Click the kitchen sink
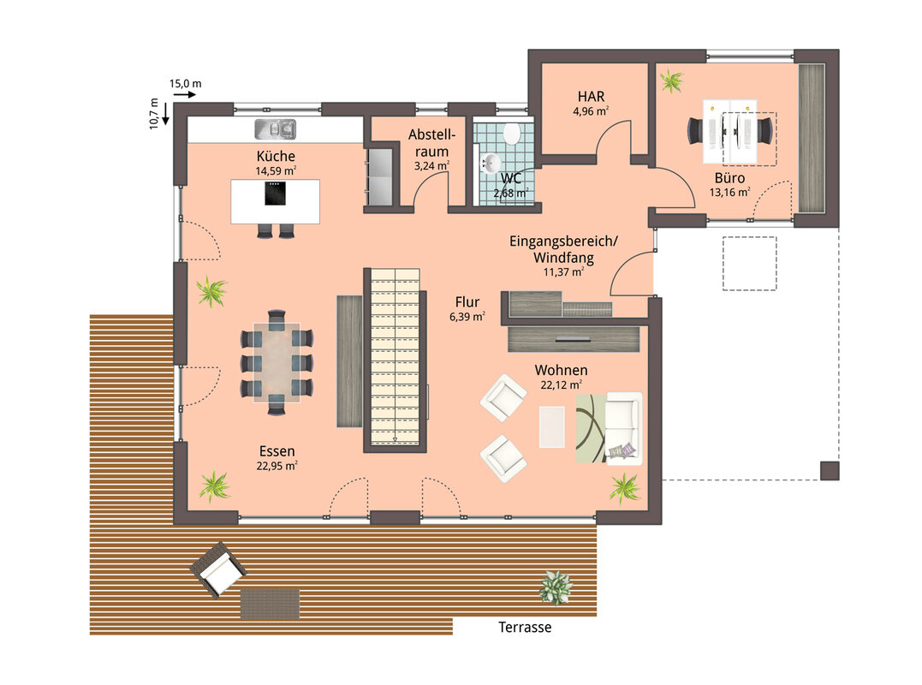pyautogui.click(x=275, y=129)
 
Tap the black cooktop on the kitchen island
pyautogui.click(x=275, y=194)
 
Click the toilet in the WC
pyautogui.click(x=512, y=133)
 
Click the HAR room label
pyautogui.click(x=591, y=97)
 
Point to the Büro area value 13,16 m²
pyautogui.click(x=729, y=193)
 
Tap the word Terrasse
pyautogui.click(x=525, y=628)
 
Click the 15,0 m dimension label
pyautogui.click(x=185, y=84)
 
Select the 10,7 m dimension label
pyautogui.click(x=154, y=114)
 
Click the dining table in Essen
pyautogui.click(x=277, y=362)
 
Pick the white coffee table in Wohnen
pyautogui.click(x=551, y=427)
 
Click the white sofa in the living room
pyautogui.click(x=623, y=428)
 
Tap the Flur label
pyautogui.click(x=467, y=302)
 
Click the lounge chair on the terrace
pyautogui.click(x=218, y=569)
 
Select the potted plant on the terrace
pyautogui.click(x=555, y=587)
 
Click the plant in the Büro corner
pyautogui.click(x=671, y=80)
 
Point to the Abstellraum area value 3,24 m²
pyautogui.click(x=431, y=166)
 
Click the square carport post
pyautogui.click(x=830, y=471)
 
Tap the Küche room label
pyautogui.click(x=276, y=157)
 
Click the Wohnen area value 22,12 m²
pyautogui.click(x=561, y=385)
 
